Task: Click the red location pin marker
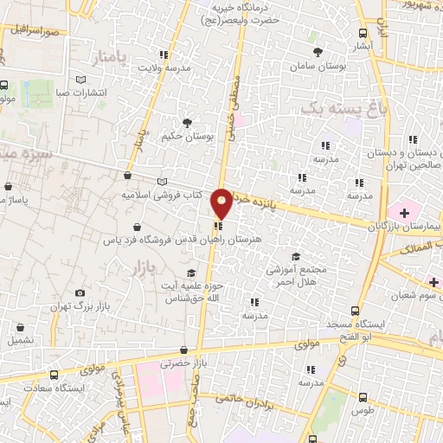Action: coord(222,202)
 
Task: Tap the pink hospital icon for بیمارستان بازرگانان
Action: coord(402,209)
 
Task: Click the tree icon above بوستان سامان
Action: coord(318,52)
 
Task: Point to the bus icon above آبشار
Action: coord(362,33)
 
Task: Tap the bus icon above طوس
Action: coord(362,398)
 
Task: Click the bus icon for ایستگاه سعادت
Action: coord(54,376)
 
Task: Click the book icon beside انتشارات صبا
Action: coord(80,80)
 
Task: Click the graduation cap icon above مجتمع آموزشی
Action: coord(295,256)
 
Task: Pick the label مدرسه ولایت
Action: coord(164,67)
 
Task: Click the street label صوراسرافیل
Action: coord(35,30)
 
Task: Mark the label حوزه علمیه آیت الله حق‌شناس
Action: coord(196,292)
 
